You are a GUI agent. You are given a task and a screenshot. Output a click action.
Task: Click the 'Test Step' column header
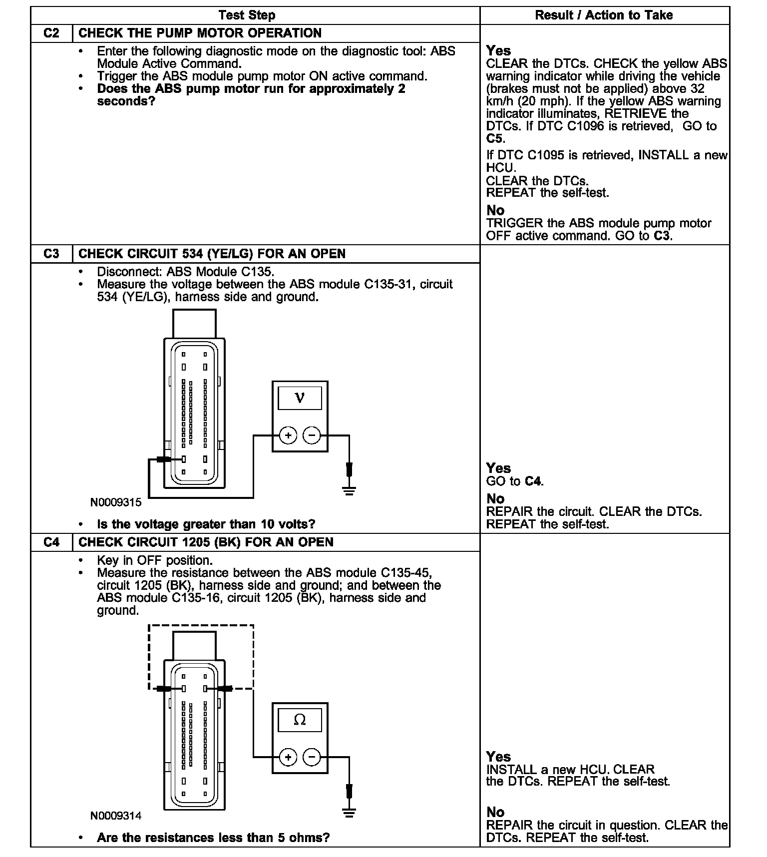pyautogui.click(x=247, y=15)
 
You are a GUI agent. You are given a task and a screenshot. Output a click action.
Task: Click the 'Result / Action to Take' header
pyautogui.click(x=604, y=15)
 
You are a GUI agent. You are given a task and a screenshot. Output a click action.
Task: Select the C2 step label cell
pyautogui.click(x=51, y=33)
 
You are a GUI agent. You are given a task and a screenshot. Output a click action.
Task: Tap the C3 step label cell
pyautogui.click(x=51, y=254)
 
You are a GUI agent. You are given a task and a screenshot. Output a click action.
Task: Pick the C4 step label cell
pyautogui.click(x=51, y=542)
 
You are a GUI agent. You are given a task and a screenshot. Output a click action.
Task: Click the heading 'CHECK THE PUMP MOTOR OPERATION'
pyautogui.click(x=200, y=33)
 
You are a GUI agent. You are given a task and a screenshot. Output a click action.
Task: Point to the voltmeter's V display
pyautogui.click(x=300, y=398)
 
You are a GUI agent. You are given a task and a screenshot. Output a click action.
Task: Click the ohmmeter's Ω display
pyautogui.click(x=300, y=720)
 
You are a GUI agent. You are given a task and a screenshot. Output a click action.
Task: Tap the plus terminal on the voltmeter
pyautogui.click(x=288, y=435)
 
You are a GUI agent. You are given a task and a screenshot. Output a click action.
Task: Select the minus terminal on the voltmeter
pyautogui.click(x=312, y=435)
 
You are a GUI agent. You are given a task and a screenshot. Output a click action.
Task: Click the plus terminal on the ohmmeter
pyautogui.click(x=288, y=757)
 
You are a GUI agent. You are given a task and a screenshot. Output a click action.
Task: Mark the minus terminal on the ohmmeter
pyautogui.click(x=312, y=757)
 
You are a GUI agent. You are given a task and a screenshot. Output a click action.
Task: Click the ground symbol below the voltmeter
pyautogui.click(x=350, y=490)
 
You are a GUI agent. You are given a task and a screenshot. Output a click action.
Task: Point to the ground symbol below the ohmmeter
pyautogui.click(x=350, y=813)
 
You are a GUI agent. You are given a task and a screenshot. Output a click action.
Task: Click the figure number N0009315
pyautogui.click(x=116, y=502)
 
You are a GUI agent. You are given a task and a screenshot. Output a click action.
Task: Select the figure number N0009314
pyautogui.click(x=116, y=816)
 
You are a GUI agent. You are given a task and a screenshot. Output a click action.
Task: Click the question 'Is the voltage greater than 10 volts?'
pyautogui.click(x=206, y=524)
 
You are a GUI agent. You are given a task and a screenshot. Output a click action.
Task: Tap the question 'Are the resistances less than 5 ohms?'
pyautogui.click(x=213, y=838)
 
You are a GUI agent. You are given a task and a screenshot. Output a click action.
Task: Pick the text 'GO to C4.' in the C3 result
pyautogui.click(x=515, y=481)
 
